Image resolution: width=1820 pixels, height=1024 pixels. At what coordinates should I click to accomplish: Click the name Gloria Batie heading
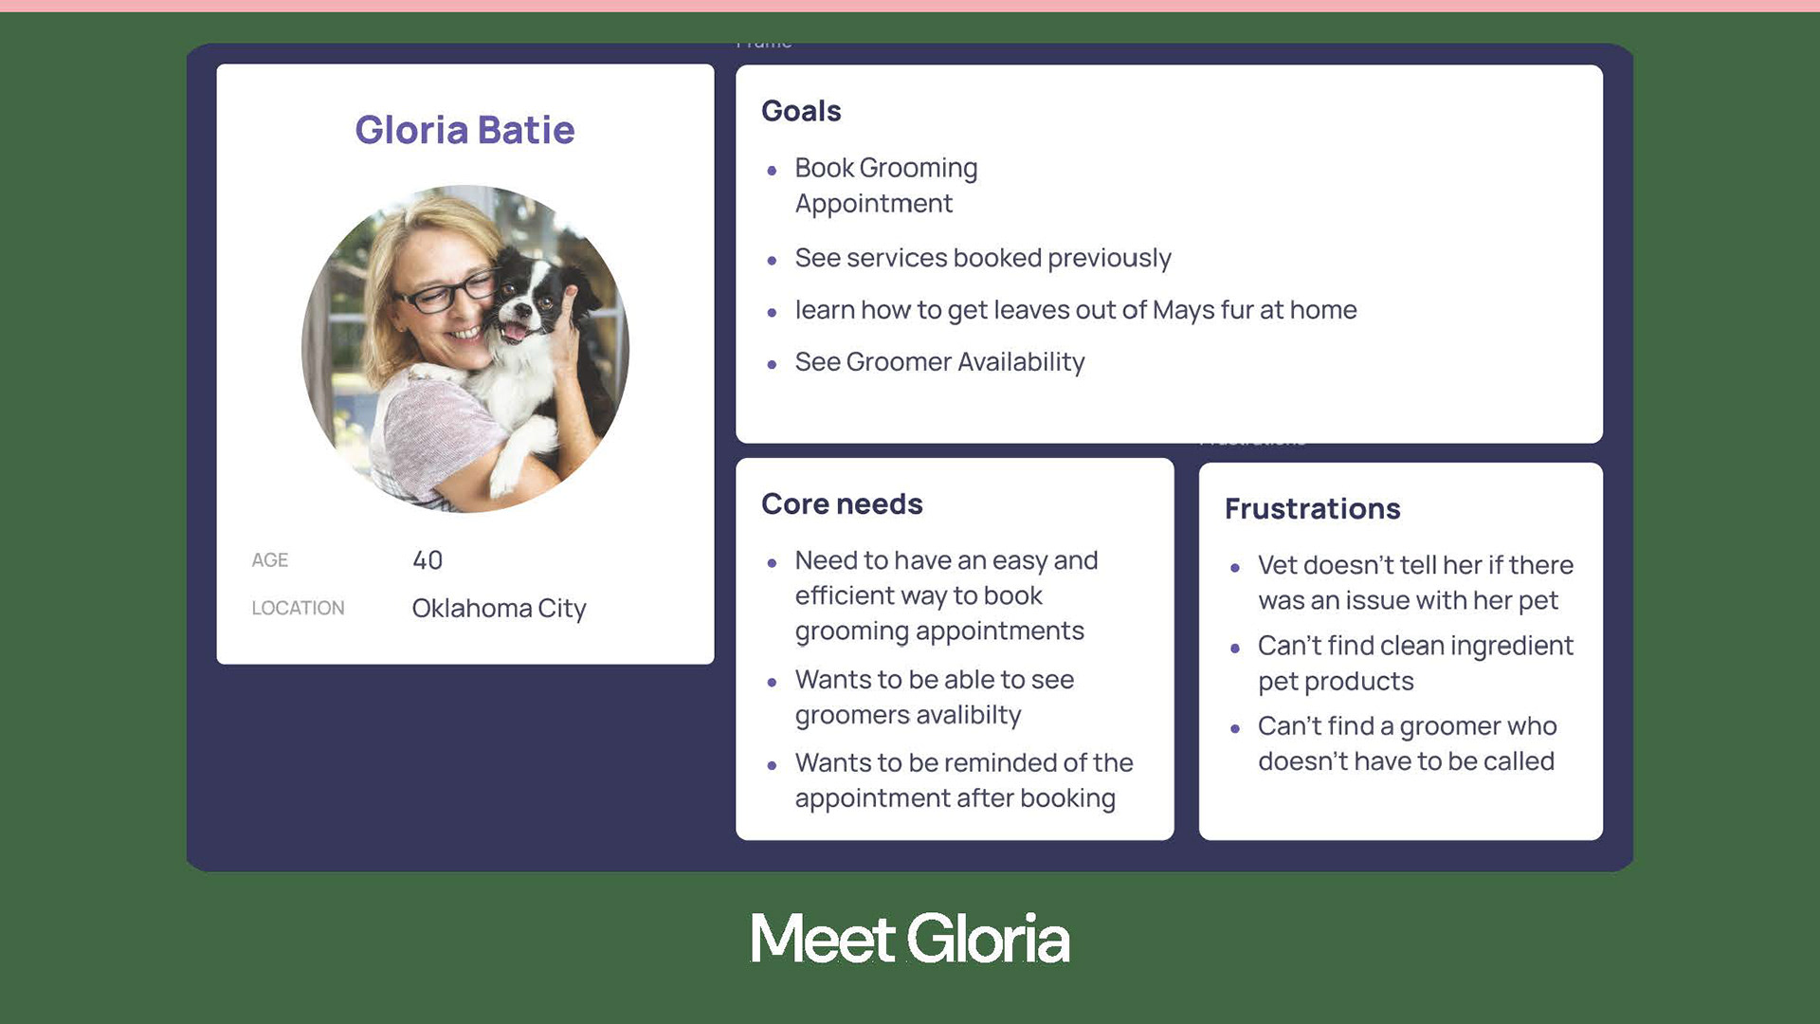click(464, 130)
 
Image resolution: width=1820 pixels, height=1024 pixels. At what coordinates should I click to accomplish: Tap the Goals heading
click(801, 111)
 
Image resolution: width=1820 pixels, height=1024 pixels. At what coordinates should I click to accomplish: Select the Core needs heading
click(842, 503)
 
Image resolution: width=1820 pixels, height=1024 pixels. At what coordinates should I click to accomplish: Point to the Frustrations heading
click(1312, 508)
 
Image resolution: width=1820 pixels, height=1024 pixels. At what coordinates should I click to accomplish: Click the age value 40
click(428, 560)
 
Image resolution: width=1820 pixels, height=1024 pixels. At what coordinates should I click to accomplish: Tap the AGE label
click(270, 560)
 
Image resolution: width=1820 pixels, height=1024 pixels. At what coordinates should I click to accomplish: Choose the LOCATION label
click(298, 608)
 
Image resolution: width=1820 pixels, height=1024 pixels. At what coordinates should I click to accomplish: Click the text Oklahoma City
click(499, 609)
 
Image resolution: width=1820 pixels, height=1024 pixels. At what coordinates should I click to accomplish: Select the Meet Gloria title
click(910, 939)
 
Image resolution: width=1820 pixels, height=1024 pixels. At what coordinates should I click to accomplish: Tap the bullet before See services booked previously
click(773, 260)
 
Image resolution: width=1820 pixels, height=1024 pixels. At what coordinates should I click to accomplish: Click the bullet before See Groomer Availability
click(773, 364)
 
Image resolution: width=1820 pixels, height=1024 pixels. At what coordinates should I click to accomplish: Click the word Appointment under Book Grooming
click(874, 204)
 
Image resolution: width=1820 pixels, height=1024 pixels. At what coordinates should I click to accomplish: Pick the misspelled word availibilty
click(960, 715)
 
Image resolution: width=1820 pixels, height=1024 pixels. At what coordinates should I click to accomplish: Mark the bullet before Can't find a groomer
click(1235, 729)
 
